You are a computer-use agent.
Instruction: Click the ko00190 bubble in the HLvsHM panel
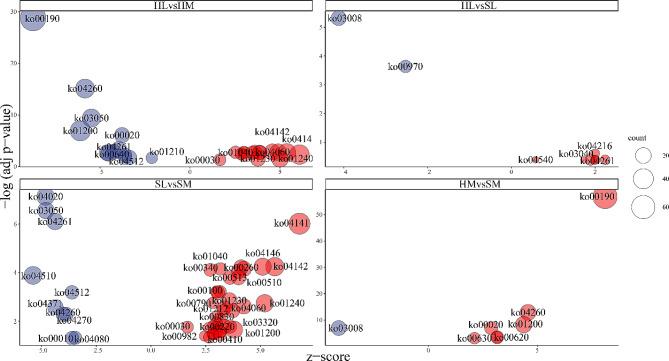[33, 17]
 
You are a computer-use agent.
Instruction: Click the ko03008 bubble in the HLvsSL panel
[338, 18]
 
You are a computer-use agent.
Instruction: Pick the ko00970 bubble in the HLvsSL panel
[405, 66]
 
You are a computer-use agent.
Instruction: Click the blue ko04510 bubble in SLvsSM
[33, 274]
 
